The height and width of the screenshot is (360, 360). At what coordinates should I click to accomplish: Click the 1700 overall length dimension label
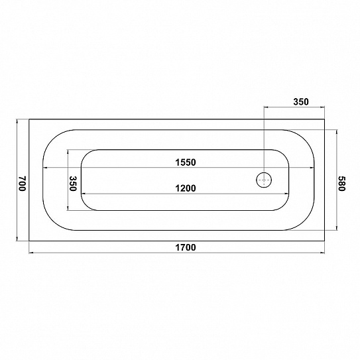point(186,247)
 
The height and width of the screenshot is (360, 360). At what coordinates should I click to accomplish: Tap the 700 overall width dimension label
point(23,184)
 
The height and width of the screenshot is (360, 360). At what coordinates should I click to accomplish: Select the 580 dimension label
point(341,184)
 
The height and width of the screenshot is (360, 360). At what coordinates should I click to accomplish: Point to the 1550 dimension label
point(186,162)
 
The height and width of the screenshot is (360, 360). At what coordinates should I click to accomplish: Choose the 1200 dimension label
point(186,188)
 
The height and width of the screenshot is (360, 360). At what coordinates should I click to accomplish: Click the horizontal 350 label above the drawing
point(301,101)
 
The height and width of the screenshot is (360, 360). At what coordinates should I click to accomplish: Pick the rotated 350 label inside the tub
point(73,184)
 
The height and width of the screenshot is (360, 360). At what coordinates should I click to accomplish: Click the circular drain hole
point(264,180)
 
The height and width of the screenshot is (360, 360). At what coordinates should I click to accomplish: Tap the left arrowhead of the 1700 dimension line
point(31,253)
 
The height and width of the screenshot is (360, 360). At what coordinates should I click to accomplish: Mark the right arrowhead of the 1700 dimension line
point(322,253)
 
